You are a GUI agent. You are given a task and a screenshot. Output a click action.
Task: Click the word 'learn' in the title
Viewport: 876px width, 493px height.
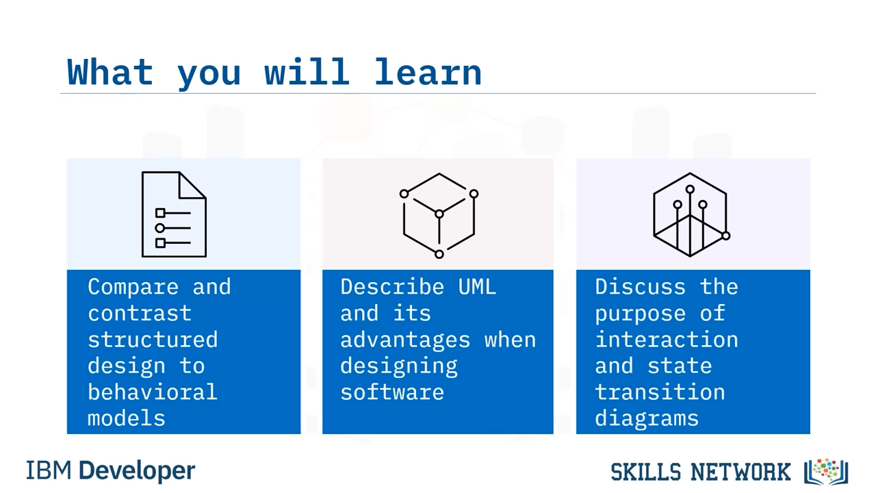pyautogui.click(x=428, y=72)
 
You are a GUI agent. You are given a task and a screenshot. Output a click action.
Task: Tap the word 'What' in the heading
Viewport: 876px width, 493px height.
pyautogui.click(x=110, y=72)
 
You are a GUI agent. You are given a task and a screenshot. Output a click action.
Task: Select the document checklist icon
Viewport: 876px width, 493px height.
pyautogui.click(x=174, y=214)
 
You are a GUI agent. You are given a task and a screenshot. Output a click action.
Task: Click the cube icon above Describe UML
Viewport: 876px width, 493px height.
pyautogui.click(x=439, y=215)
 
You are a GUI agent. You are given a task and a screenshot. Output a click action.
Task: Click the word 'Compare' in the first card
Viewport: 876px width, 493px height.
pyautogui.click(x=133, y=287)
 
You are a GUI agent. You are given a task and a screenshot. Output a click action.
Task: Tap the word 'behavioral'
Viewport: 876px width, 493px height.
pyautogui.click(x=152, y=392)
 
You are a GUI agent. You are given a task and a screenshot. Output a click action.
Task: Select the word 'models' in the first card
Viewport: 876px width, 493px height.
pyautogui.click(x=127, y=418)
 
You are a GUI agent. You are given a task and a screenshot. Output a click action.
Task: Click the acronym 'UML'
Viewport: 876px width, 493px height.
pyautogui.click(x=477, y=287)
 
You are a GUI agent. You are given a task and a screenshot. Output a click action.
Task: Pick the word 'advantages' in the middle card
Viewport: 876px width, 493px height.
pyautogui.click(x=405, y=340)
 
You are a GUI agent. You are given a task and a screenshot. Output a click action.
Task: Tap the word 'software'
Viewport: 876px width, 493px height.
pyautogui.click(x=392, y=392)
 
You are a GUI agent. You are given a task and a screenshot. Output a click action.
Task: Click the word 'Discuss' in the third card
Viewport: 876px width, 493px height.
pyautogui.click(x=640, y=287)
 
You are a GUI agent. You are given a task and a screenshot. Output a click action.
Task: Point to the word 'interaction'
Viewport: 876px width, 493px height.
pyautogui.click(x=667, y=339)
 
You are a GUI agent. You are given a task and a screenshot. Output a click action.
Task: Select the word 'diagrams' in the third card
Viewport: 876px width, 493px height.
pyautogui.click(x=647, y=419)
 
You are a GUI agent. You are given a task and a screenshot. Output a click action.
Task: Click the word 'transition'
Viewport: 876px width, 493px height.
pyautogui.click(x=660, y=392)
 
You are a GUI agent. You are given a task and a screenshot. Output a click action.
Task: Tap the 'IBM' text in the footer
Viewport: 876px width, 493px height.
pyautogui.click(x=49, y=470)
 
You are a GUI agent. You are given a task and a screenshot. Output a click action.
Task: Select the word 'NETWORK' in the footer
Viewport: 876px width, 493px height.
pyautogui.click(x=740, y=472)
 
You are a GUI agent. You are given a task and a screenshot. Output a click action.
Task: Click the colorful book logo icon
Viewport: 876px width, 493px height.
pyautogui.click(x=826, y=472)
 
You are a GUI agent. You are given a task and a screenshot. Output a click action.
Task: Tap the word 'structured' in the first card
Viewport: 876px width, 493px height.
pyautogui.click(x=153, y=339)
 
